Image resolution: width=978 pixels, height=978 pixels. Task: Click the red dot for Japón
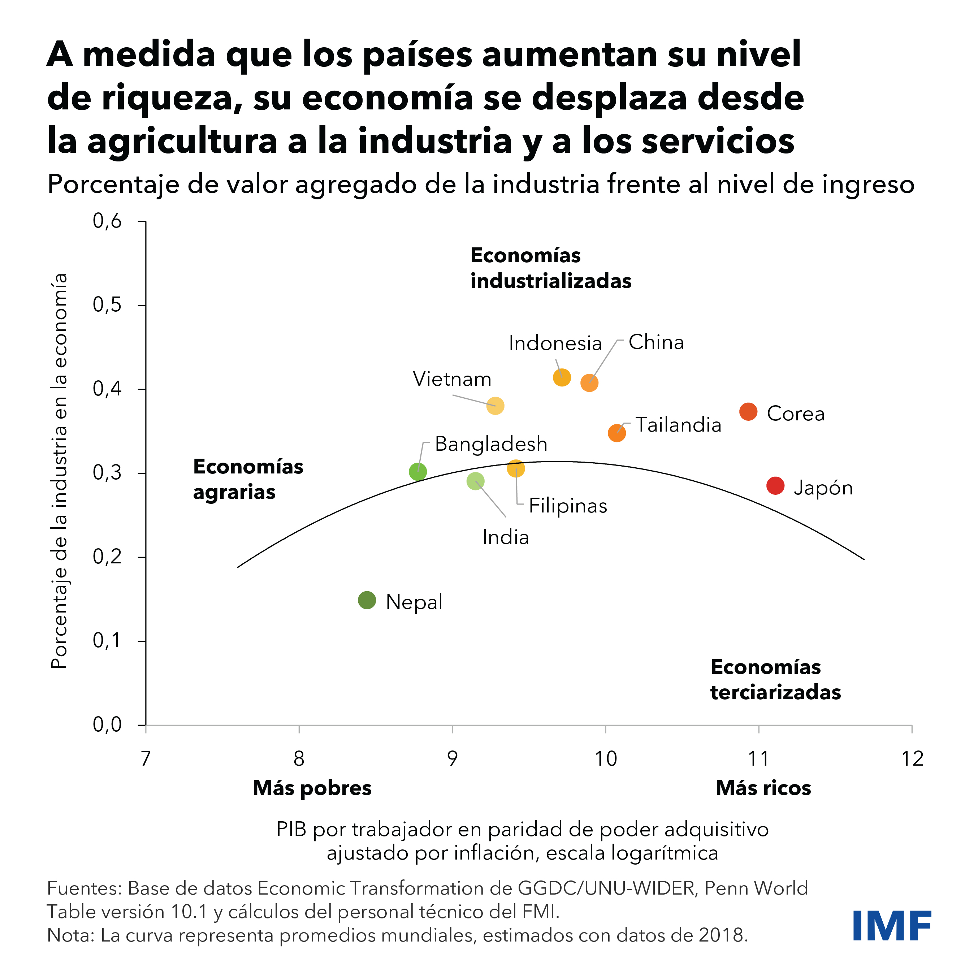tap(775, 485)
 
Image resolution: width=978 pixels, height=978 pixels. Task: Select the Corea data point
tap(748, 412)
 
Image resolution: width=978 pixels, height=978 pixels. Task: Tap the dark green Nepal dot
tap(367, 600)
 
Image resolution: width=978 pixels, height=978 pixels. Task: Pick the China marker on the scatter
tap(589, 383)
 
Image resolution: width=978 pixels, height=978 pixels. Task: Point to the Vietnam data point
tap(496, 406)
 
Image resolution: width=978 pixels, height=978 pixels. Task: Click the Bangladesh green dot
tap(417, 471)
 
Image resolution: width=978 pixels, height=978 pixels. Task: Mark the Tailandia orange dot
tap(616, 433)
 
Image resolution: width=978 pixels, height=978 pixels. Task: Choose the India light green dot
tap(475, 481)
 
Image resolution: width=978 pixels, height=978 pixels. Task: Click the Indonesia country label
tap(555, 343)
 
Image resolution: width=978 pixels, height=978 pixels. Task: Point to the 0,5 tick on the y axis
tap(107, 305)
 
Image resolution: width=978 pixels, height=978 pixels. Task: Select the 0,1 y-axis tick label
tap(107, 640)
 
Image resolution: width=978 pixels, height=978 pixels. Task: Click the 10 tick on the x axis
tap(605, 758)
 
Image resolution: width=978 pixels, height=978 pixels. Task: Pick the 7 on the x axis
tap(146, 758)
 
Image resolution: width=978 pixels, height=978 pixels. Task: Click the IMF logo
tap(892, 925)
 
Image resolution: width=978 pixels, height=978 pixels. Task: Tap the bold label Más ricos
tap(763, 788)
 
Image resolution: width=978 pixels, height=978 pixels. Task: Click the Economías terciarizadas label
tap(775, 679)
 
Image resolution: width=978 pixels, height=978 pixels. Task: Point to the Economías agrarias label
tap(248, 479)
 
